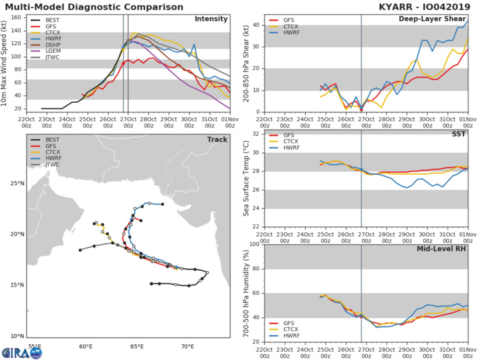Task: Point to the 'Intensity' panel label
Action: click(x=211, y=19)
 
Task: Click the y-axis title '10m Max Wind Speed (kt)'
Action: click(x=5, y=63)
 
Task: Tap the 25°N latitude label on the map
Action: click(x=16, y=183)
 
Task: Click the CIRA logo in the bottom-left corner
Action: click(x=25, y=352)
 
